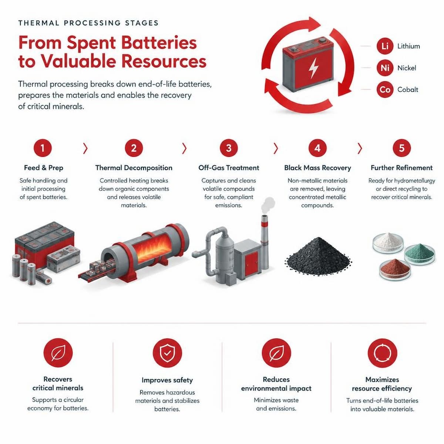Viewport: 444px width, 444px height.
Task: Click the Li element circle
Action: (x=385, y=46)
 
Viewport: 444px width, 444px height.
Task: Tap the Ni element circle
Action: (x=385, y=68)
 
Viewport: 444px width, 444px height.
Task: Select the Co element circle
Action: (x=385, y=90)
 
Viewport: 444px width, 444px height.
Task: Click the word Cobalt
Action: (x=408, y=90)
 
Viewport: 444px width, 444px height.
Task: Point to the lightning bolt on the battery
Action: (x=313, y=68)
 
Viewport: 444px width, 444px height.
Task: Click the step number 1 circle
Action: (x=43, y=148)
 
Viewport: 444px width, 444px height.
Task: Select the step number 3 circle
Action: (x=229, y=148)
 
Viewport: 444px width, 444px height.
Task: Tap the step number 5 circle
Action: (x=401, y=148)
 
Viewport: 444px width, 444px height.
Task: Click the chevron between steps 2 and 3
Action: (x=184, y=148)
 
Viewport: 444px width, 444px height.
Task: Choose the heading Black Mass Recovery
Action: (x=317, y=168)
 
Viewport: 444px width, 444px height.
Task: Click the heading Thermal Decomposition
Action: (x=134, y=168)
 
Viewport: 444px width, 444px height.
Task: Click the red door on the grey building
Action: (x=251, y=264)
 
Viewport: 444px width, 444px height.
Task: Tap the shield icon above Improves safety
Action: (x=167, y=353)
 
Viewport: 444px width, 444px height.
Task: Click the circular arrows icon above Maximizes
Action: (x=382, y=353)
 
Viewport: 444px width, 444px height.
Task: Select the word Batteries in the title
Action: (x=159, y=43)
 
